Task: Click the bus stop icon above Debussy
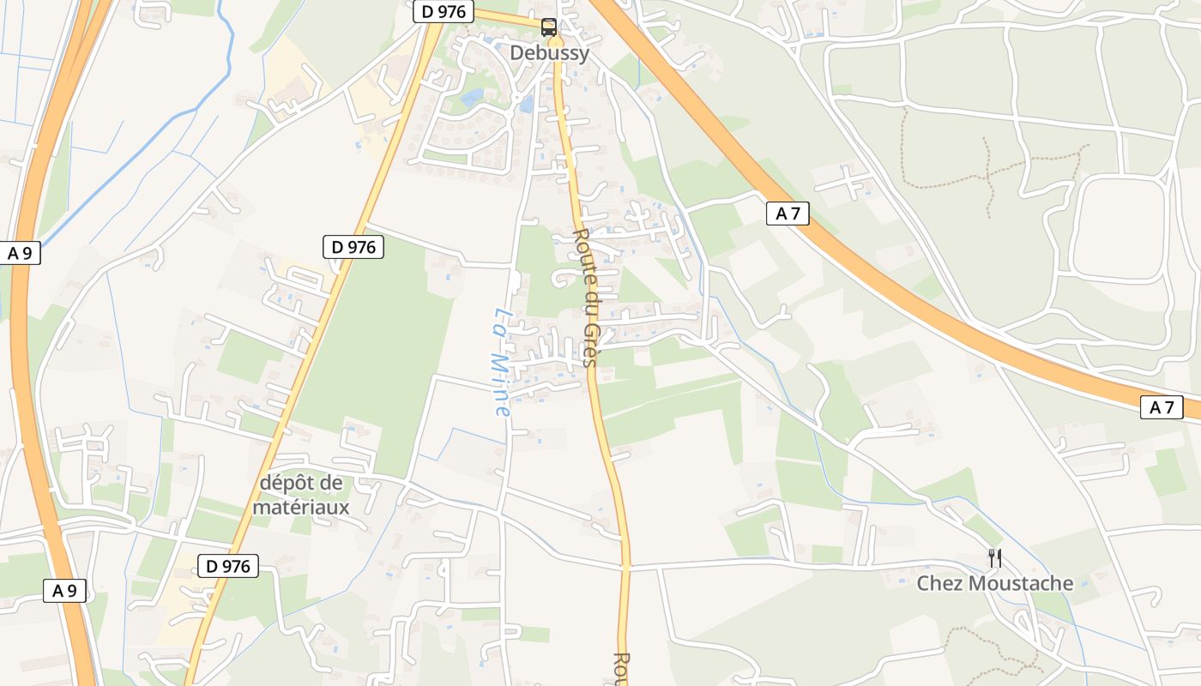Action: [x=549, y=27]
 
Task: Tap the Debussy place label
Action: [x=550, y=53]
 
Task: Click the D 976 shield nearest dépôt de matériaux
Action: [x=228, y=566]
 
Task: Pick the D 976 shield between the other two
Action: [x=353, y=247]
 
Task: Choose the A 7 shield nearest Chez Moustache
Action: [x=1162, y=407]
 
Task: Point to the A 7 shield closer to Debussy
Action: [x=788, y=214]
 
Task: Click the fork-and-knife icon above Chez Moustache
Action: [x=995, y=558]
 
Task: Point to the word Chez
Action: [x=940, y=584]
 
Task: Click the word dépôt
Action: [x=288, y=484]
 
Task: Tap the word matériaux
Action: [x=301, y=508]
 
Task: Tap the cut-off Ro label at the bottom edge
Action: [x=621, y=670]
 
